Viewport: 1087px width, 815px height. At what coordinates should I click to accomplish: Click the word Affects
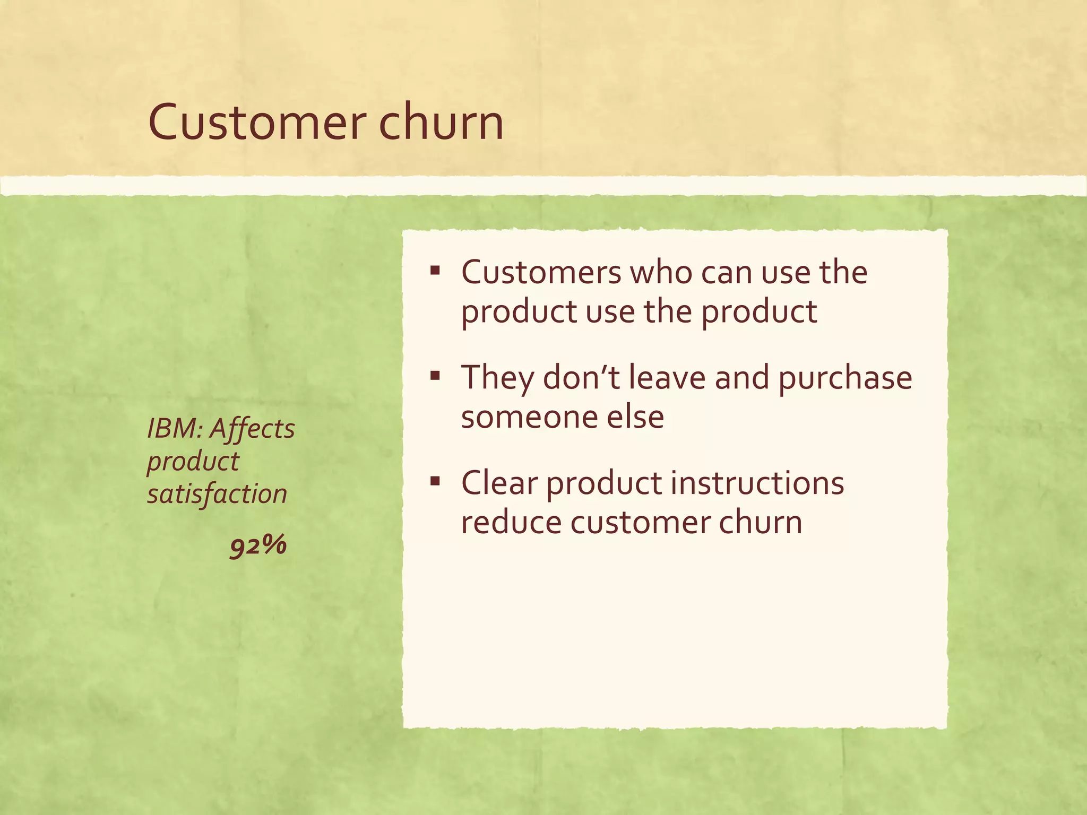point(252,429)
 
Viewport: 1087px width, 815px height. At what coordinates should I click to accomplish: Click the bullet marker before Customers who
point(435,271)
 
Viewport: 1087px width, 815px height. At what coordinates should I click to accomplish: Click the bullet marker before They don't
point(435,377)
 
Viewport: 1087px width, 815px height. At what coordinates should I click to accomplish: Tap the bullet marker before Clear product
point(435,482)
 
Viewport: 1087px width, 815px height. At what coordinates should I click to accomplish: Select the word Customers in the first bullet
point(541,273)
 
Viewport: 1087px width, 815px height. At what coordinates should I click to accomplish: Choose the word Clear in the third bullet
point(499,483)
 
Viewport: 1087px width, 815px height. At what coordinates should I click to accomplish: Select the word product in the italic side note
point(193,462)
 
